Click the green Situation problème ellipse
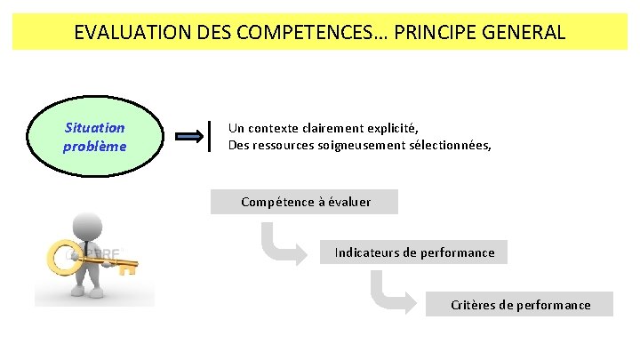[95, 137]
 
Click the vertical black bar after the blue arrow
[210, 136]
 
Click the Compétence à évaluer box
[305, 203]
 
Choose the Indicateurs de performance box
[414, 252]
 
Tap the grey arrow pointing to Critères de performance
[395, 292]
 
